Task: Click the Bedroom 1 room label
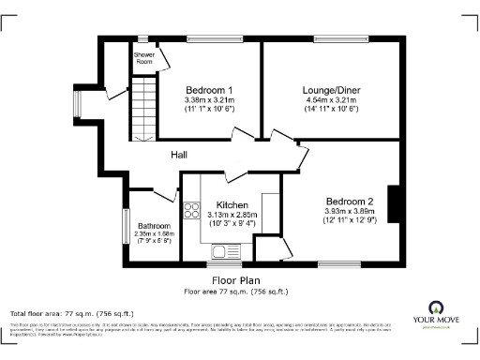[x=208, y=89]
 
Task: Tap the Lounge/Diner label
[x=333, y=89]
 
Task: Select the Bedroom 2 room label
[x=350, y=202]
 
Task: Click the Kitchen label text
[x=232, y=205]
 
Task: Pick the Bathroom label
[x=154, y=226]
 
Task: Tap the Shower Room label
[x=143, y=58]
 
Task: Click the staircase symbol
[x=141, y=109]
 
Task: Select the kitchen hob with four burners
[x=190, y=213]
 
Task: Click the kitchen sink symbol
[x=226, y=250]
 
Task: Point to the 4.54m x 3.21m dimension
[x=333, y=99]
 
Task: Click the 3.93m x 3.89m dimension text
[x=350, y=212]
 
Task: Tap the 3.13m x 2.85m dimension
[x=232, y=216]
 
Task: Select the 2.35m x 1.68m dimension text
[x=154, y=234]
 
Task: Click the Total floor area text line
[x=58, y=312]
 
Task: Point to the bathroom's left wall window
[x=124, y=226]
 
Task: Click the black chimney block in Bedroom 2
[x=395, y=205]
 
